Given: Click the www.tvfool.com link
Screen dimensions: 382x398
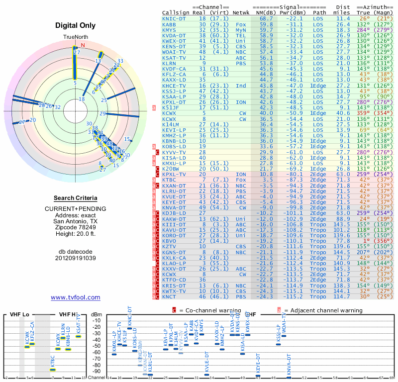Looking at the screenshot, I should tap(76, 297).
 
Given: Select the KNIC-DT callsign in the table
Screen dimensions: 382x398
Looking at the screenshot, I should tap(174, 18).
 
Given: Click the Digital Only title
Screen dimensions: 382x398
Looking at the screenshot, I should tap(76, 25).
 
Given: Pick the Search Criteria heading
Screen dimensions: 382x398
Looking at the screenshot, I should tap(76, 198).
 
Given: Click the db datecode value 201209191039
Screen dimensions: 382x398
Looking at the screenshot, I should tap(76, 258).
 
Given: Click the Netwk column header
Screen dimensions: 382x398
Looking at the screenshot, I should tap(241, 12).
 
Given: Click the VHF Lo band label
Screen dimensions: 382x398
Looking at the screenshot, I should tap(19, 314).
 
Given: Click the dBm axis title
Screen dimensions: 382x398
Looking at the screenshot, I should tap(96, 314).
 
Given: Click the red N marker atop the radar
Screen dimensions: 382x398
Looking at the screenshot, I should tap(83, 45).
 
